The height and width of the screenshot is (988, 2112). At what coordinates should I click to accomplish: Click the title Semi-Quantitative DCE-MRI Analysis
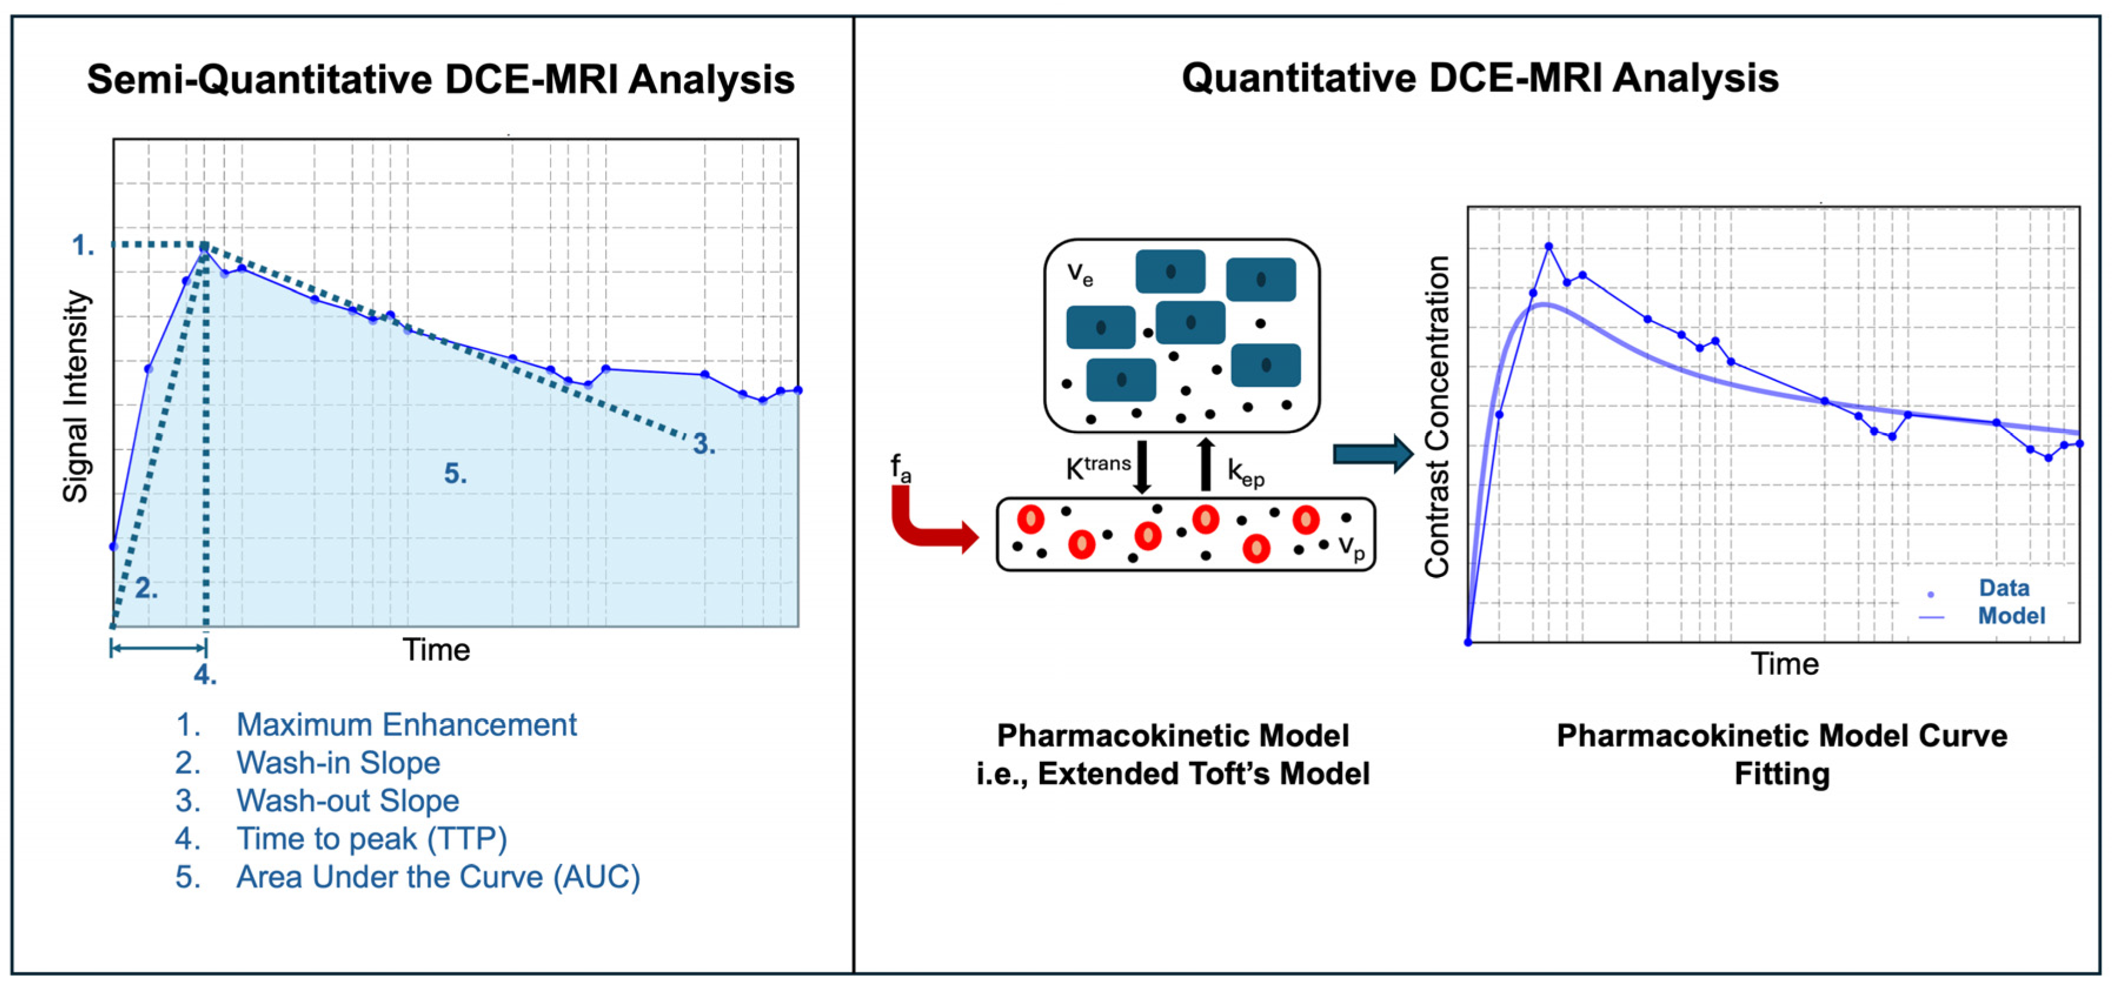coord(440,80)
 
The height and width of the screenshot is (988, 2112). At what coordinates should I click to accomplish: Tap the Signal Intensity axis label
coord(75,396)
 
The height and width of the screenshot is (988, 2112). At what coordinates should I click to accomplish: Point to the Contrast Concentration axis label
coord(1437,416)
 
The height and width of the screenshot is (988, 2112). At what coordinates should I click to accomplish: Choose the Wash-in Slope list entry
coord(338,762)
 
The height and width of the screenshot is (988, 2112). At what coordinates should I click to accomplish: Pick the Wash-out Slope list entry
coord(347,800)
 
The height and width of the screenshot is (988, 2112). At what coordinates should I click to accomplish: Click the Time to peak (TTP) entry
coord(372,839)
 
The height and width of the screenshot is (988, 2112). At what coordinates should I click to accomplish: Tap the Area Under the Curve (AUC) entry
coord(438,877)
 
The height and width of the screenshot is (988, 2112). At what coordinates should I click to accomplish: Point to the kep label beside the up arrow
coord(1245,472)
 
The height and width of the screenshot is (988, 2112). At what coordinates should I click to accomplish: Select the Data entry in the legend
coord(2003,588)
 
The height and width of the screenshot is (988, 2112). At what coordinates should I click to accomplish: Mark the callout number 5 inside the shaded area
coord(456,473)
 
